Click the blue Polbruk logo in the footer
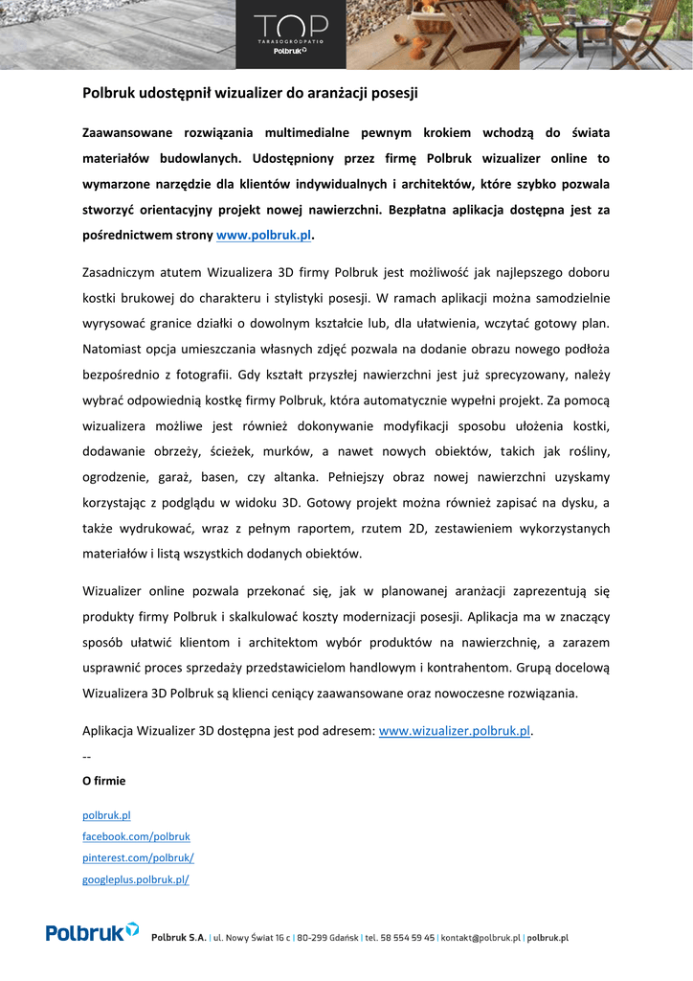92,931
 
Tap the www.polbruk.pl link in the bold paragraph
264,235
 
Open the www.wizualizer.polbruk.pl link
455,731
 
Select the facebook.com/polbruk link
136,836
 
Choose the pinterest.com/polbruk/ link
138,857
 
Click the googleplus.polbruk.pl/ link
135,879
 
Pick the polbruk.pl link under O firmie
106,815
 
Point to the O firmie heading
103,781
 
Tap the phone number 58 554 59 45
402,939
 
